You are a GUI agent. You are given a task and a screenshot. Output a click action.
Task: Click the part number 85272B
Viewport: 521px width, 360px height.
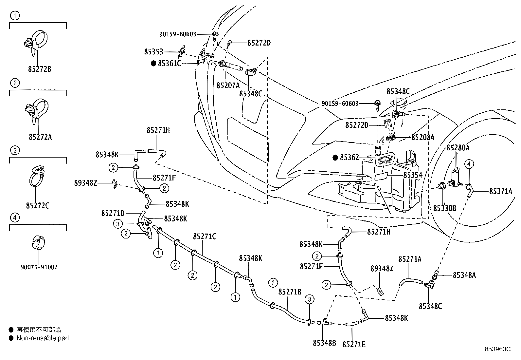(x=40, y=69)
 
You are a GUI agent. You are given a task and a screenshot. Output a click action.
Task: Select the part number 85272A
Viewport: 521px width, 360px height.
(x=40, y=137)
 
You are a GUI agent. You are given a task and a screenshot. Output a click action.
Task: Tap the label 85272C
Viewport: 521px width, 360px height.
(x=38, y=206)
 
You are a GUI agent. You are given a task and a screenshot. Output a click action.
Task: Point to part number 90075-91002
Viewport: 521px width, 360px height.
(x=39, y=267)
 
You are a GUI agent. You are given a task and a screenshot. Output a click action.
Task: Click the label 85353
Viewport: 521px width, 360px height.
(x=153, y=52)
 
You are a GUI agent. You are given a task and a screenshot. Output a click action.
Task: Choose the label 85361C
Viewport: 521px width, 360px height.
(x=169, y=63)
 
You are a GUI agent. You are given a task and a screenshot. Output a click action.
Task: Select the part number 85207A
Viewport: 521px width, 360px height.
(x=228, y=85)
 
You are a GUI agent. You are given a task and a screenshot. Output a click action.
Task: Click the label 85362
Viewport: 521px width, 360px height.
(x=350, y=158)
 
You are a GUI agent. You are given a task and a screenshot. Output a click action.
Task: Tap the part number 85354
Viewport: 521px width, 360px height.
(x=413, y=175)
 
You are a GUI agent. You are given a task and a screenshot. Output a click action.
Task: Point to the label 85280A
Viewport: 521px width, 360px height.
(x=458, y=148)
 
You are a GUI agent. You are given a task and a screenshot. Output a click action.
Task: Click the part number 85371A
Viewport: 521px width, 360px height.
(x=501, y=191)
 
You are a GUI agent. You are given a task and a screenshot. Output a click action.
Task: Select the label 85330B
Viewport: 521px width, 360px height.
(x=445, y=208)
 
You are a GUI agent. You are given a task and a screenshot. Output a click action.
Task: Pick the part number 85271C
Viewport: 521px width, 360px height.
(x=205, y=237)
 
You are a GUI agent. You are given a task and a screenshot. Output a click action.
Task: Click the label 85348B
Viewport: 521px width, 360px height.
(x=324, y=343)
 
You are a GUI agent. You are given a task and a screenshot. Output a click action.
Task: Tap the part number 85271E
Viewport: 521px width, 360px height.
(x=354, y=344)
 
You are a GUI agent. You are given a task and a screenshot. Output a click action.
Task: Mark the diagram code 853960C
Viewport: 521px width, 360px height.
(x=498, y=349)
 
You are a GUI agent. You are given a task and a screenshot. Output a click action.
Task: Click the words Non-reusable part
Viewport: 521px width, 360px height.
(x=43, y=338)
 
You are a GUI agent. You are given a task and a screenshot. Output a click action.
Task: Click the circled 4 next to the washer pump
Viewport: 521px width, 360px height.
(x=469, y=164)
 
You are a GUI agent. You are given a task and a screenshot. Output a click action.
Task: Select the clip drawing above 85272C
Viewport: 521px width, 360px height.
(x=37, y=176)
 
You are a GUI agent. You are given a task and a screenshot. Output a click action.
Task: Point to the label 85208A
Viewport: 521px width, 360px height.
(x=423, y=137)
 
